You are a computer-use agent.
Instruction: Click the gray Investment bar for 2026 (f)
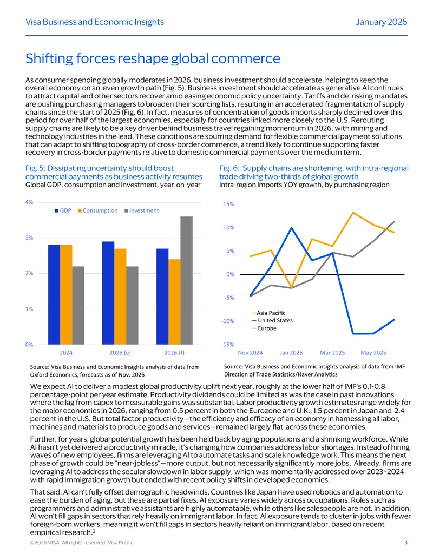186,280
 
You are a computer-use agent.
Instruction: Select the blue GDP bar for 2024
54,295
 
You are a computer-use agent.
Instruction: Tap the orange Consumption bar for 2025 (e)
120,297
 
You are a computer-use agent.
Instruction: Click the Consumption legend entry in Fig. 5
97,210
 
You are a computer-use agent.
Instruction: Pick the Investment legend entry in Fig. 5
141,210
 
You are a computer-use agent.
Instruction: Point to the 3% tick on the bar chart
29,238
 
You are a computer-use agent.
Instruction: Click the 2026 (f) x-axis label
174,352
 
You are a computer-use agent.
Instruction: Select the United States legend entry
272,321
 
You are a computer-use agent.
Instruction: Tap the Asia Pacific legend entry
268,313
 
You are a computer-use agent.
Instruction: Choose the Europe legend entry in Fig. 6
264,328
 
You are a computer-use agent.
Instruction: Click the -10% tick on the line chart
227,321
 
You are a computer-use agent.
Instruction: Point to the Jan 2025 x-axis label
291,353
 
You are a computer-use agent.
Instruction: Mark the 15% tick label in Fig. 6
228,205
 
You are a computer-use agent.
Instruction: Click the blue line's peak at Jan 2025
292,228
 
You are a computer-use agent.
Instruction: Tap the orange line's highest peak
353,213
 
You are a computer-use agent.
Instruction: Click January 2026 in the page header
381,22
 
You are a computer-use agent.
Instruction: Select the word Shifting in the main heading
49,58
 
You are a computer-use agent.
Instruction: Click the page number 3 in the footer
406,543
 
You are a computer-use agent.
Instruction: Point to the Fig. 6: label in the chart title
229,168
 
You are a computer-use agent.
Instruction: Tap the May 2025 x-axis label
373,353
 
